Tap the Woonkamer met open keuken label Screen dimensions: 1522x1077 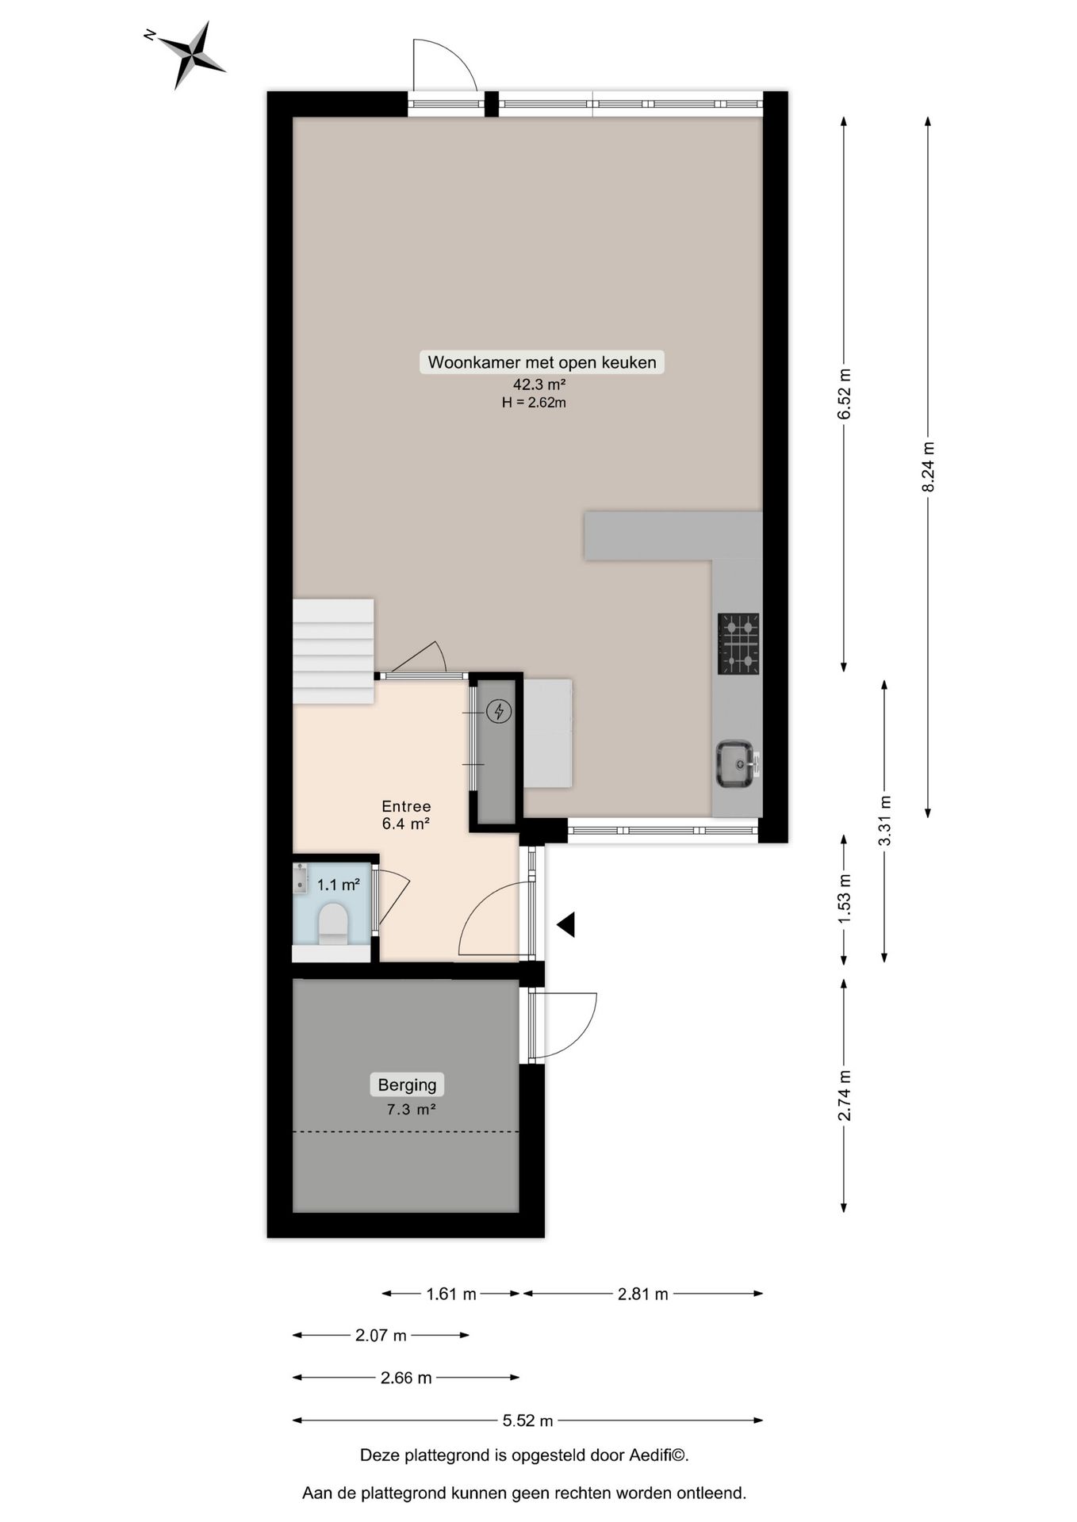542,362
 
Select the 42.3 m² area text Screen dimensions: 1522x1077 538,384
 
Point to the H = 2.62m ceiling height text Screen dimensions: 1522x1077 534,403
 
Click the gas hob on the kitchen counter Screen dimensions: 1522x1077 738,643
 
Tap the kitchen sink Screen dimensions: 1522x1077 735,764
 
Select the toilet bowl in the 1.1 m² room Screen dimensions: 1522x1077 332,924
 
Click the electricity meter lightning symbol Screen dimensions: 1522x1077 499,711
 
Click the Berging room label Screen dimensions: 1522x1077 407,1084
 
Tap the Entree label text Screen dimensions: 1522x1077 406,806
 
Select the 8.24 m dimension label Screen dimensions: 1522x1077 928,467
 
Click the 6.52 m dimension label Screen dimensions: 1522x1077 844,394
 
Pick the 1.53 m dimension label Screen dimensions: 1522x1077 844,897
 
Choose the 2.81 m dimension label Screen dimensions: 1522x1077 642,1294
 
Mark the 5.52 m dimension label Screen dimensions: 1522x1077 527,1421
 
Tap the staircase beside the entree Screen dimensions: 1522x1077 333,651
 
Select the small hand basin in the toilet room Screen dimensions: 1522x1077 300,878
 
